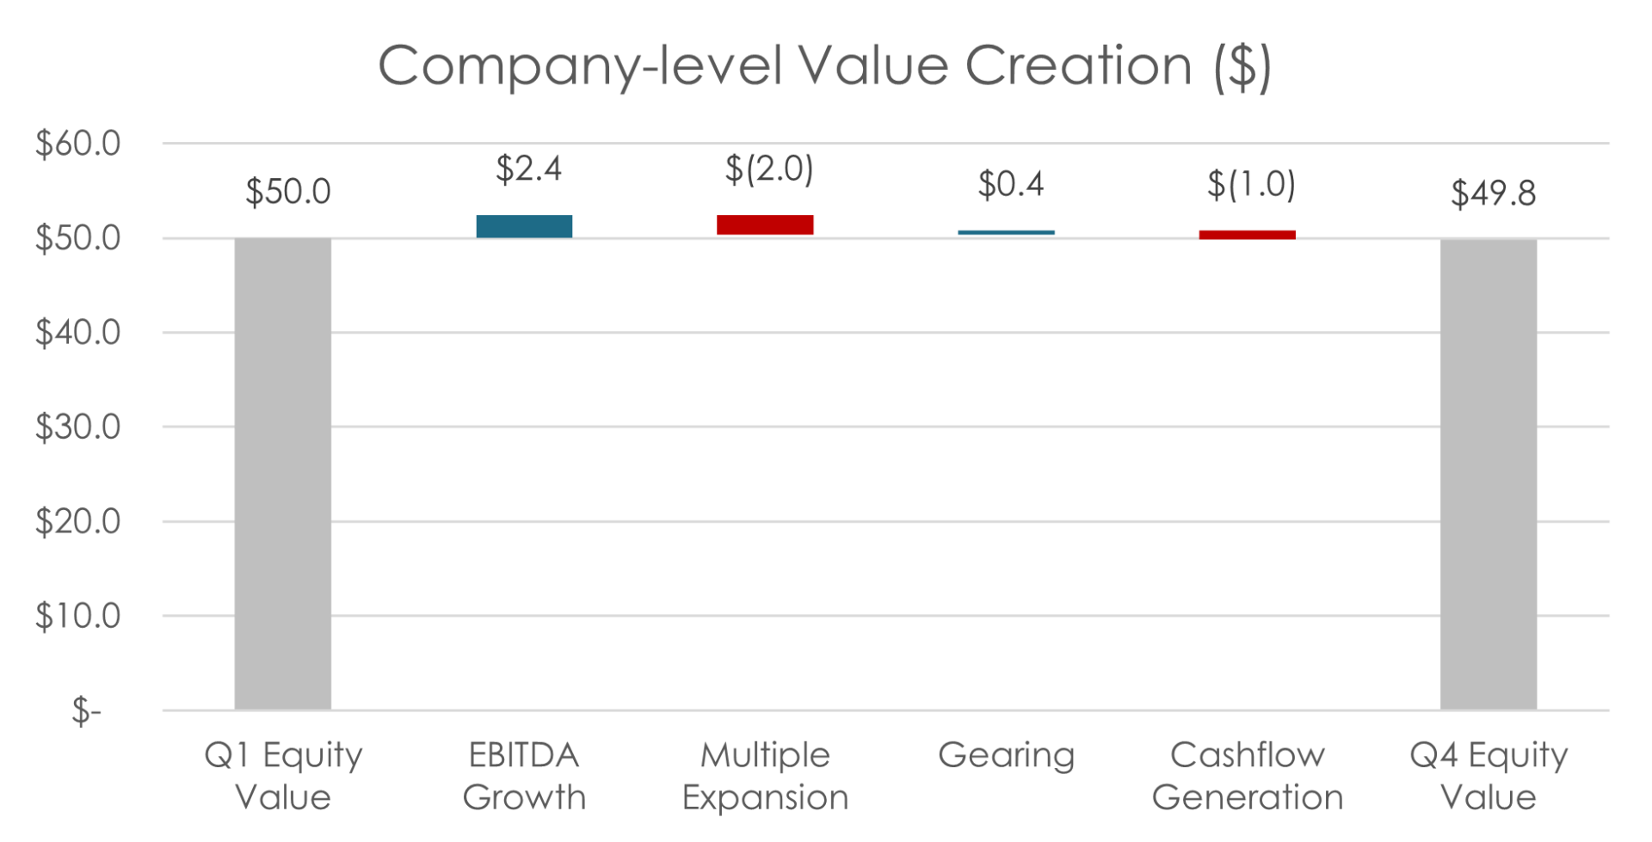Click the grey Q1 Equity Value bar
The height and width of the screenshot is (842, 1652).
click(283, 474)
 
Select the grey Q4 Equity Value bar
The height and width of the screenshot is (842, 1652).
click(1489, 474)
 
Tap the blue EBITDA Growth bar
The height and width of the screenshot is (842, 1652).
click(525, 226)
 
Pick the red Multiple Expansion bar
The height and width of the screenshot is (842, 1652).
click(766, 225)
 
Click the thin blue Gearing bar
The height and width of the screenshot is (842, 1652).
click(1007, 232)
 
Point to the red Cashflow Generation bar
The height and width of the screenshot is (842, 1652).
click(1248, 235)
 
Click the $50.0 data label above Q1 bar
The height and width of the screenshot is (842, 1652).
click(287, 192)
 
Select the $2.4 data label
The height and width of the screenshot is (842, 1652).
click(528, 169)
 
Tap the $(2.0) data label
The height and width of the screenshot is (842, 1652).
click(768, 169)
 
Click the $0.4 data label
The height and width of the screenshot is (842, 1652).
click(1010, 184)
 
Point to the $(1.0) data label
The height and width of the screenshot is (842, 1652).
click(1250, 185)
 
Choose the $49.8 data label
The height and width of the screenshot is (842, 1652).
click(1493, 194)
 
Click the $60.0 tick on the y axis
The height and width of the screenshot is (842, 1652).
click(77, 144)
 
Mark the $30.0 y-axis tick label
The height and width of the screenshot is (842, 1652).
click(77, 427)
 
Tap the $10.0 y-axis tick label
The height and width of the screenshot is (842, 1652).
click(77, 616)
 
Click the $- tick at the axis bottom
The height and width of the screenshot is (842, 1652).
click(86, 711)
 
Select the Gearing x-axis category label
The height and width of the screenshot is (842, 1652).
click(1007, 756)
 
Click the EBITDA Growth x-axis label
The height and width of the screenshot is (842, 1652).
click(524, 777)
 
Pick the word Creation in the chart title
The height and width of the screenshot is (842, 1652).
click(1078, 65)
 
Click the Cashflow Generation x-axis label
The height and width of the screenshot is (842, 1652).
click(1248, 777)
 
